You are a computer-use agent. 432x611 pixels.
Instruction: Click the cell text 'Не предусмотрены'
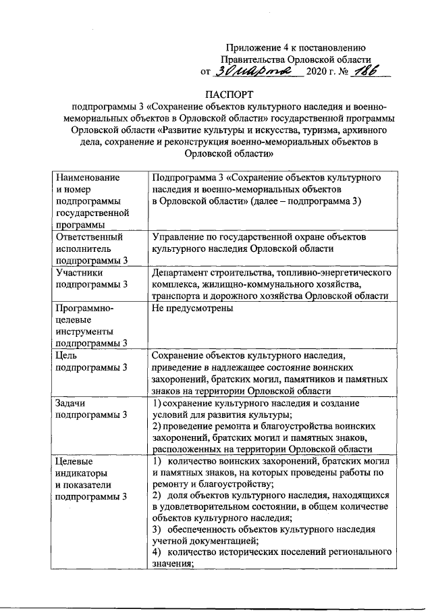point(193,309)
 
